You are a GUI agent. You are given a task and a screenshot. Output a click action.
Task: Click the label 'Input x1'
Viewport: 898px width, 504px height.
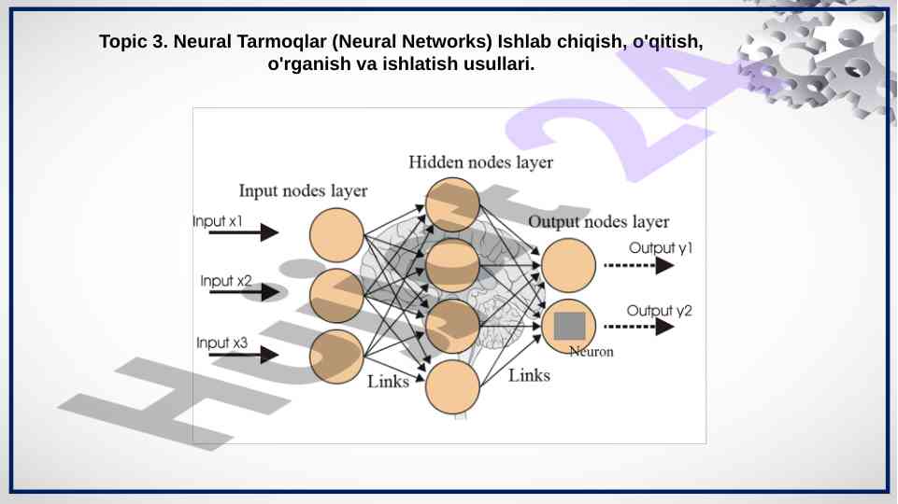coord(218,221)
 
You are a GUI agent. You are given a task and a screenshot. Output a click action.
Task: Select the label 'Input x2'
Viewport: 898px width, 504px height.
coord(226,281)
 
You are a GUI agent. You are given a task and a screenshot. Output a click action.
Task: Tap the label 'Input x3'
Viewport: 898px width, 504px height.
coord(221,343)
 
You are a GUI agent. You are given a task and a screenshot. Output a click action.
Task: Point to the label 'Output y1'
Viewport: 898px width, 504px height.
coord(661,248)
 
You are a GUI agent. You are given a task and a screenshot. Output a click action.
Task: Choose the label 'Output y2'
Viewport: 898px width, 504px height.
coord(660,310)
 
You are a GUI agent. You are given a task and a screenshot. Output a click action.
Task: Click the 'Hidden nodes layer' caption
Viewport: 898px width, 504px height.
coord(480,162)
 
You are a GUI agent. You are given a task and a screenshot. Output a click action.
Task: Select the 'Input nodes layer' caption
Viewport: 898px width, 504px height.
coord(303,191)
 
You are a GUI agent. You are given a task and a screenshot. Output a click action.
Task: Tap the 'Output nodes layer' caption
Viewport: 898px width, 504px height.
coord(598,222)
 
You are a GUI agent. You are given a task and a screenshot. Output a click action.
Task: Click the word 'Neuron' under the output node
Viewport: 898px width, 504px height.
coord(592,353)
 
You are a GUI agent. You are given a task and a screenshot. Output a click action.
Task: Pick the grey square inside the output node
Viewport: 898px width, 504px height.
coord(569,326)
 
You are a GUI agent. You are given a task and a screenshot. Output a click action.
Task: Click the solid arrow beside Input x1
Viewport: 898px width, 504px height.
coord(244,232)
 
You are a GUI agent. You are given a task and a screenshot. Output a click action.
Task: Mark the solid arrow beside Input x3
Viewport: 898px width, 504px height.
coord(244,355)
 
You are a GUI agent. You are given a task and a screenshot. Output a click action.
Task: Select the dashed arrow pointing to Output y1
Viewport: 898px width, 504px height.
coord(639,265)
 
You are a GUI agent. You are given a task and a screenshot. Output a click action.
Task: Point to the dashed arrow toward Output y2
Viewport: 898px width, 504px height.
coord(639,327)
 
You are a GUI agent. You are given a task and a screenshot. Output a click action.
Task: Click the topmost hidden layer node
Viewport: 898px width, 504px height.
coord(453,204)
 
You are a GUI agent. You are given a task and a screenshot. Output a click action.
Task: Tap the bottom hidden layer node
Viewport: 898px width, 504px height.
coord(453,386)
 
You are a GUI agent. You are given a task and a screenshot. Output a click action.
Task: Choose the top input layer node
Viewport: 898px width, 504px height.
coord(336,235)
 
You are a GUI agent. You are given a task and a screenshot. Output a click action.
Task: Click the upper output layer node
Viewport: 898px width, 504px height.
coord(568,266)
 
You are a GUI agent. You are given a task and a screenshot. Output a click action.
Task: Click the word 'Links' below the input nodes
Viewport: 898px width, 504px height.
coord(388,381)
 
